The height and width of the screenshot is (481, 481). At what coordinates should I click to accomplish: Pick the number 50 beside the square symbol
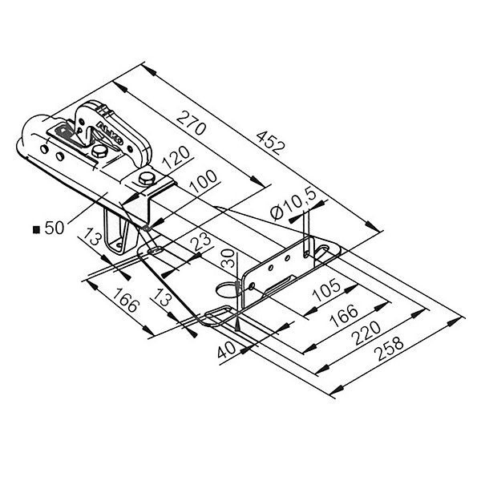point(54,228)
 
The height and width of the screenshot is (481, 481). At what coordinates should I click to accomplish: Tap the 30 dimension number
point(229,259)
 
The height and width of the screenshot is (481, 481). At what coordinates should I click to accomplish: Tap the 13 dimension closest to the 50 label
point(92,238)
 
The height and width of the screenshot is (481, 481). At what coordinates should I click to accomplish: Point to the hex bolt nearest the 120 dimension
point(147,179)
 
